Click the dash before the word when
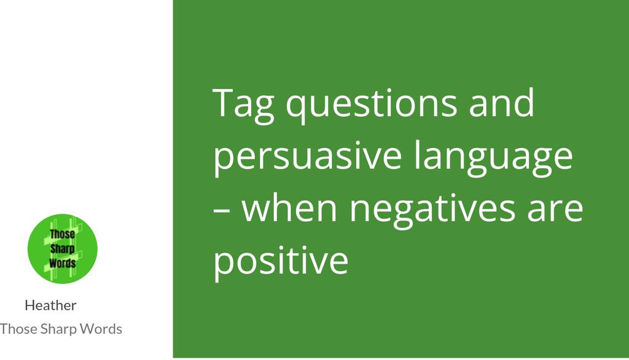222,209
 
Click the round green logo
63,249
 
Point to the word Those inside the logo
63,235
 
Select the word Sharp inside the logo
62,249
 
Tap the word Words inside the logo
62,263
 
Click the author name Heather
50,305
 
